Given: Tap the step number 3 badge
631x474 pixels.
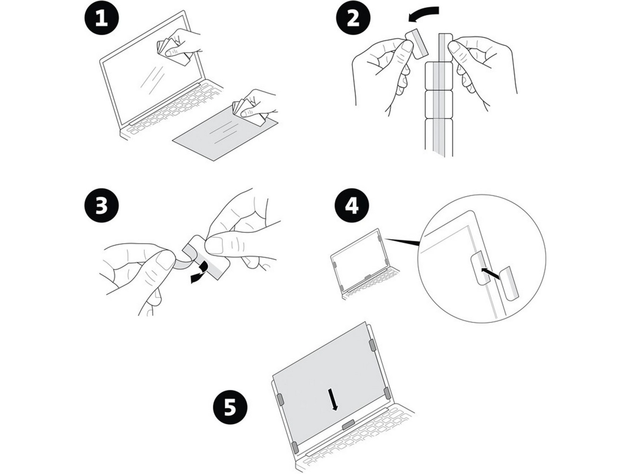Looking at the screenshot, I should (x=102, y=207).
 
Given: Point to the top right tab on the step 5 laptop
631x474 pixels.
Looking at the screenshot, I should (x=371, y=345).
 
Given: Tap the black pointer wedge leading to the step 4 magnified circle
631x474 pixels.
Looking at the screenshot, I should (x=402, y=242).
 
